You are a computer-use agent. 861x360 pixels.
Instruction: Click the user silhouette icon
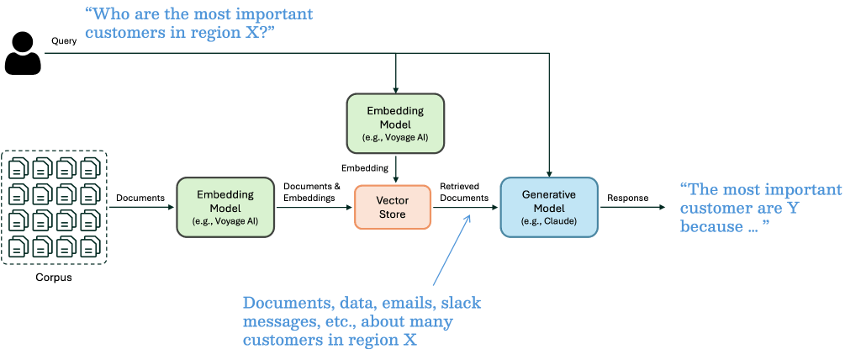tap(23, 52)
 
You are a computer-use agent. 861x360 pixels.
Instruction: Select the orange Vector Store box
tap(393, 207)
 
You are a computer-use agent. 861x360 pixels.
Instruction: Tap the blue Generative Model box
tap(549, 207)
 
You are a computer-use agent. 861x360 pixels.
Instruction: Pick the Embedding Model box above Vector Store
tap(395, 123)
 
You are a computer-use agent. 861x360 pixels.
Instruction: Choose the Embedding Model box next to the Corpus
tap(225, 207)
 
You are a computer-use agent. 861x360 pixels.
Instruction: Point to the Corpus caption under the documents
tap(55, 277)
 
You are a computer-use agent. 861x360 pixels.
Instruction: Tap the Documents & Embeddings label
tap(311, 192)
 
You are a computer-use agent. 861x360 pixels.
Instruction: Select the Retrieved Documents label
tap(465, 192)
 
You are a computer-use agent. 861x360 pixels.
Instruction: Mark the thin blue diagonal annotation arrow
tap(451, 252)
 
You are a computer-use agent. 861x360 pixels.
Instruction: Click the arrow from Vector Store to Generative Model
tap(465, 207)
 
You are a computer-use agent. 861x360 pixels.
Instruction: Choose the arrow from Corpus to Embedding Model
tap(143, 207)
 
